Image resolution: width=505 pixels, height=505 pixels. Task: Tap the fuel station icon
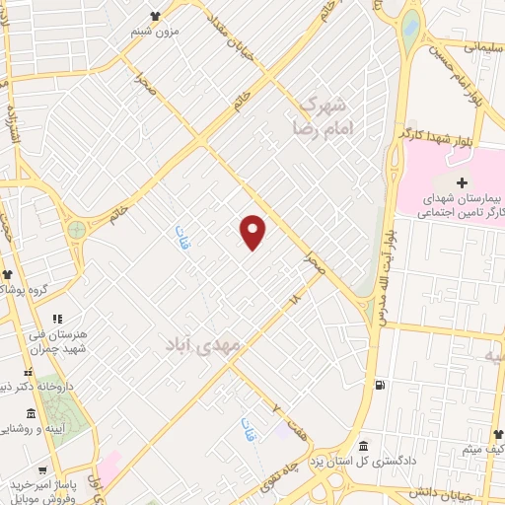tap(380, 384)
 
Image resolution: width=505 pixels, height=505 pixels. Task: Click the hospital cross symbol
tap(464, 183)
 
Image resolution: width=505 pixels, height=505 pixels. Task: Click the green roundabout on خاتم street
tap(76, 230)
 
